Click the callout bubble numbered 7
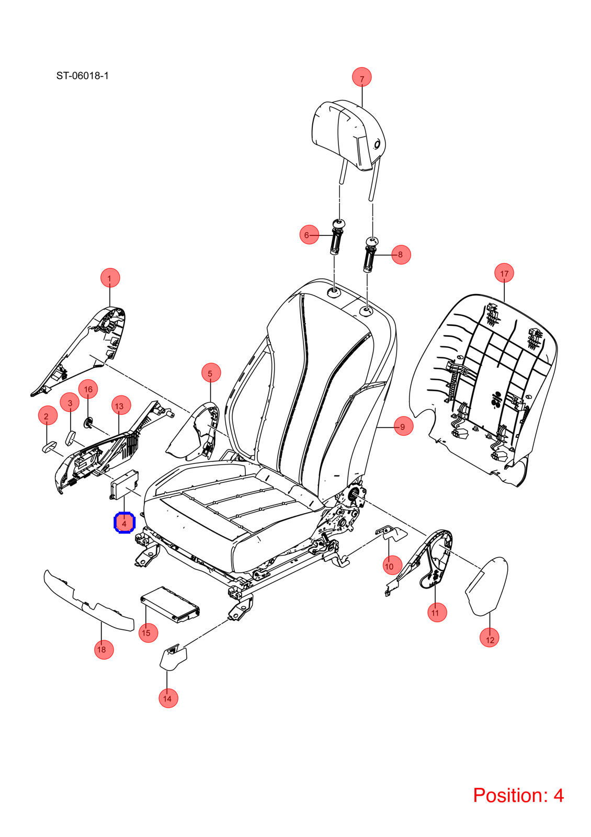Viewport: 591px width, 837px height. click(x=361, y=77)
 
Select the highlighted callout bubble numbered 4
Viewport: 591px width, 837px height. click(x=124, y=523)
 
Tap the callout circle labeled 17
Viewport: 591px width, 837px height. click(x=504, y=273)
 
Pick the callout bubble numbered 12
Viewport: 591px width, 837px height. click(x=490, y=639)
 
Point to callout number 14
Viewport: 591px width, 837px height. click(x=168, y=698)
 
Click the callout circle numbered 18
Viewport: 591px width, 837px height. click(x=104, y=649)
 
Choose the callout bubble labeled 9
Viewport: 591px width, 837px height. click(x=403, y=426)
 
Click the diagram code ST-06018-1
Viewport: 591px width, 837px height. click(x=82, y=76)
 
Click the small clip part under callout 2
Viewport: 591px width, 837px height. click(x=49, y=447)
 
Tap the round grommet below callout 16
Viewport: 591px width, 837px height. click(x=88, y=423)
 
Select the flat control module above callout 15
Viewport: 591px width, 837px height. click(x=170, y=605)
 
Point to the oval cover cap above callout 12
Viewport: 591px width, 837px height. click(x=486, y=586)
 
